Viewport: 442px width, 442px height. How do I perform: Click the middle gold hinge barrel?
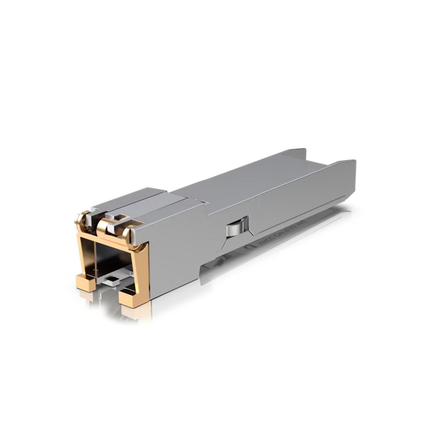coord(103,225)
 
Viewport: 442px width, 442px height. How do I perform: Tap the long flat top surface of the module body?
coord(248,181)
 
